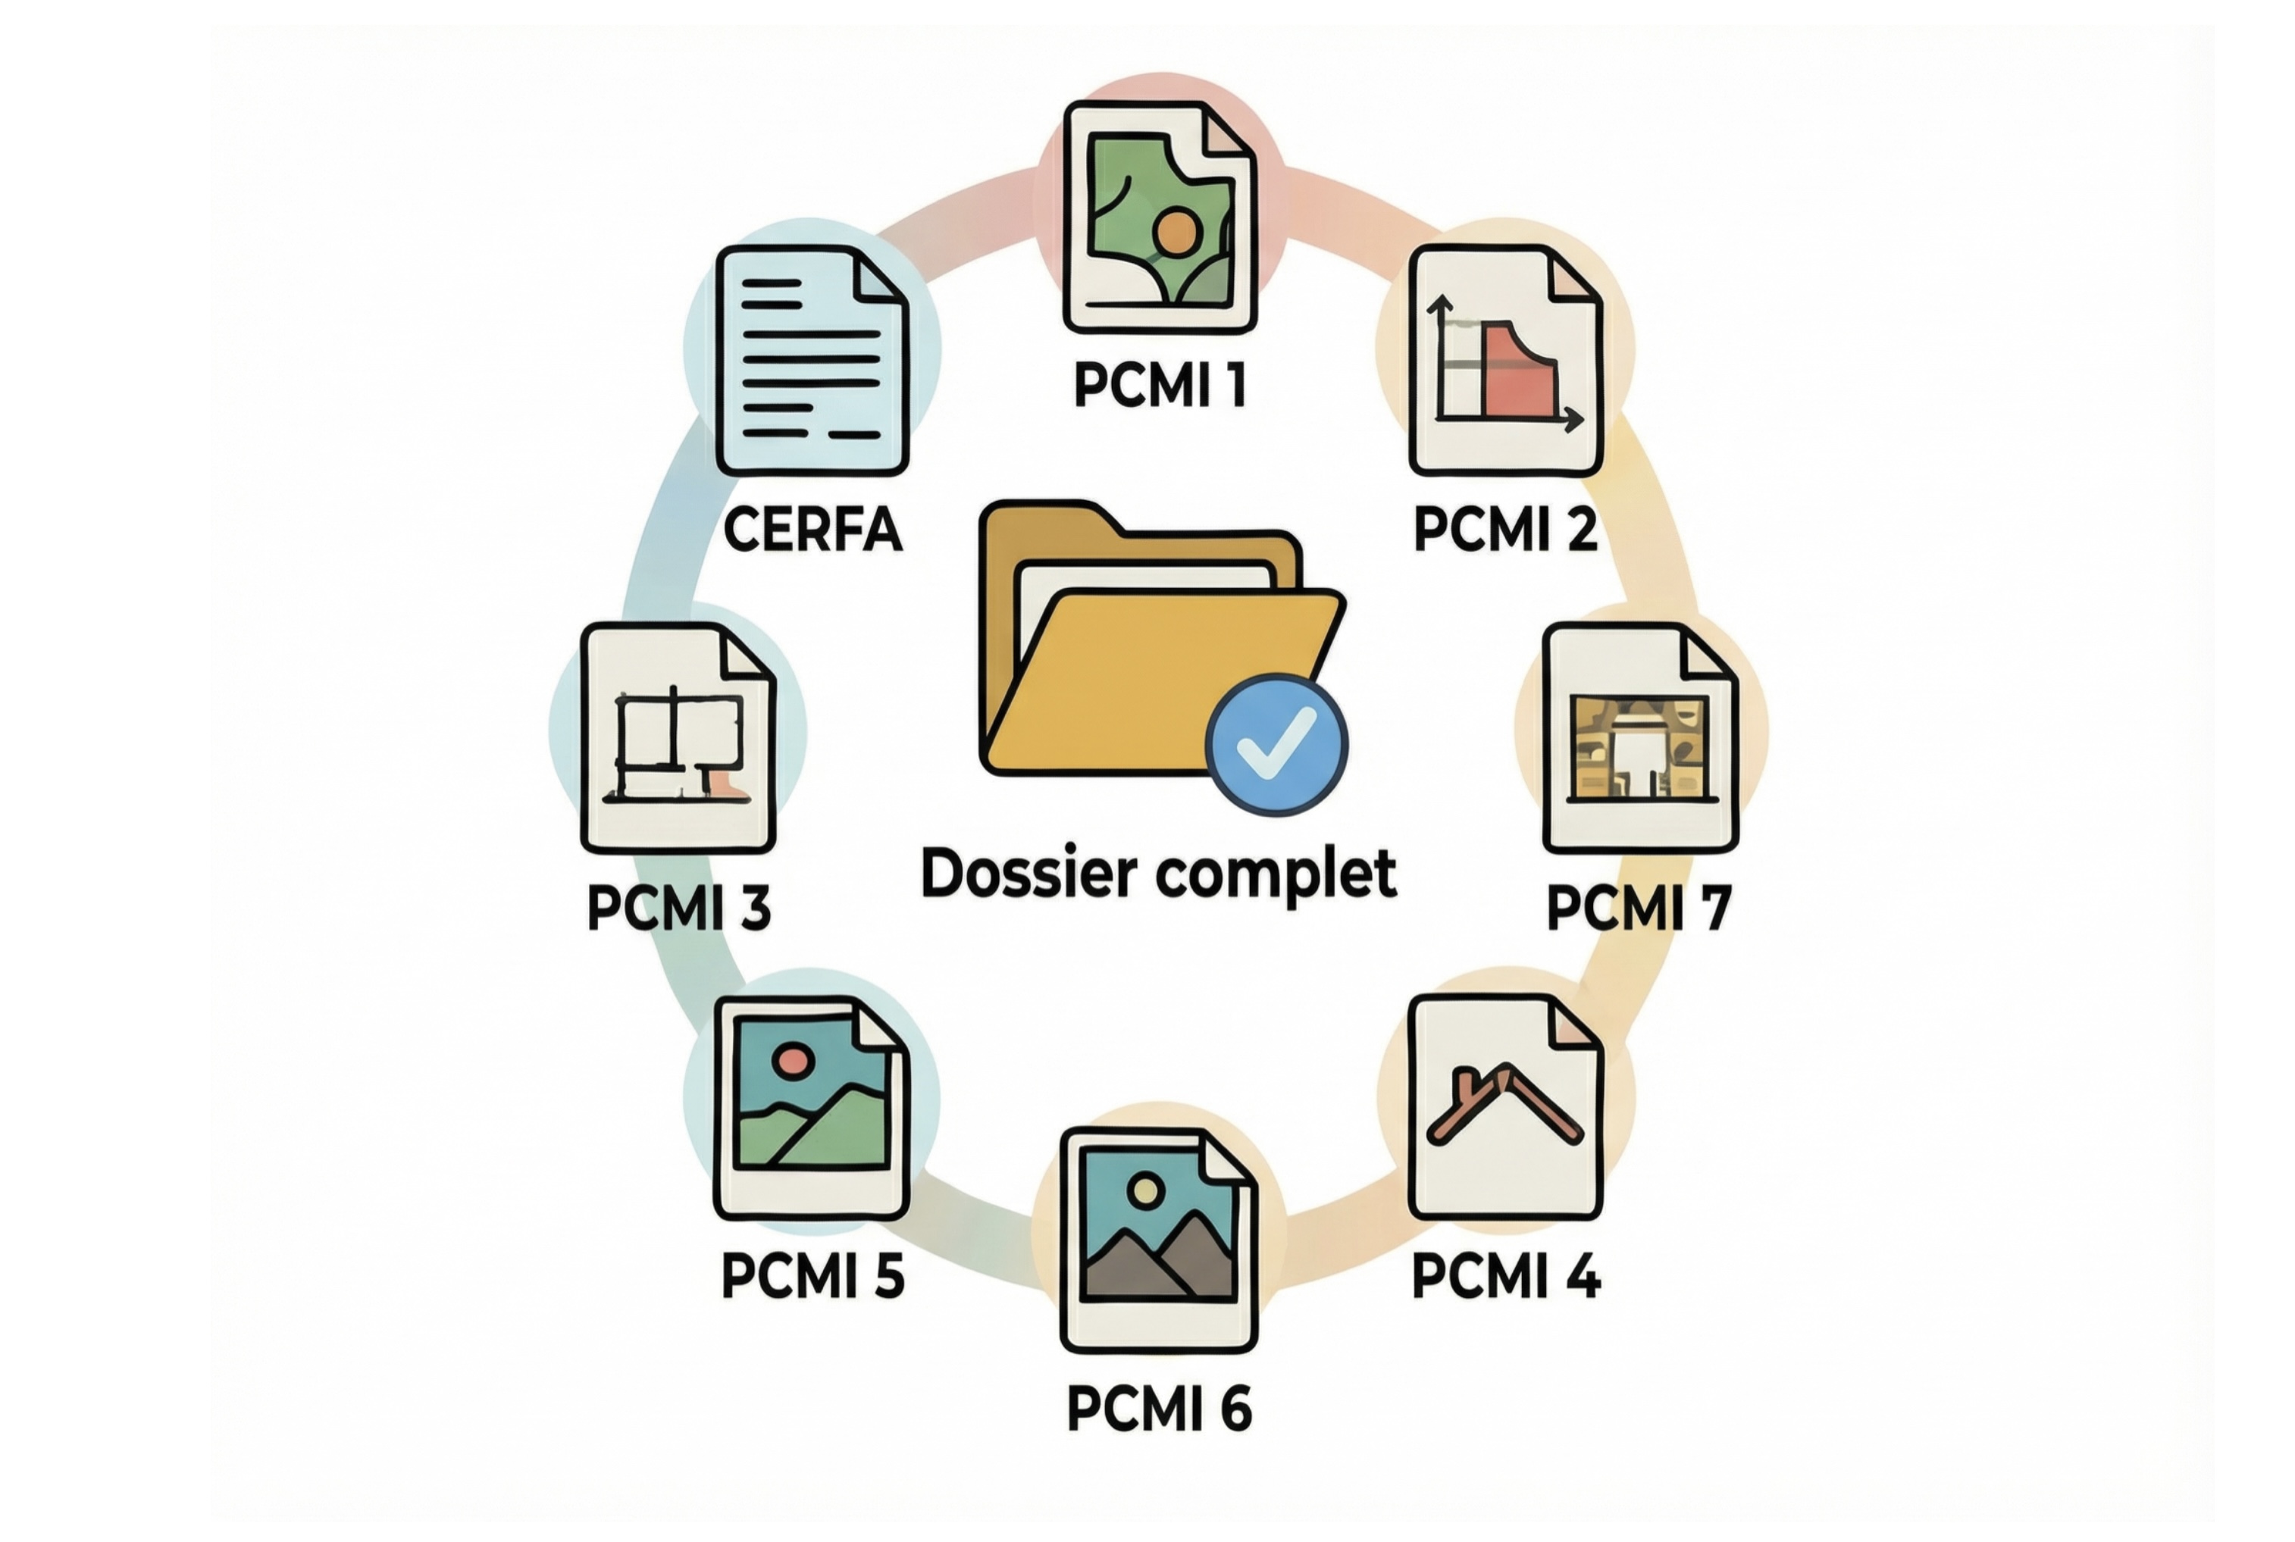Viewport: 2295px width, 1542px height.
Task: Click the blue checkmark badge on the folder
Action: [1275, 744]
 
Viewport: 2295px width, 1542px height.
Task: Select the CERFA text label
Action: [812, 530]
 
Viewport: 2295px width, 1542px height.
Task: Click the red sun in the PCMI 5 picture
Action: [791, 1060]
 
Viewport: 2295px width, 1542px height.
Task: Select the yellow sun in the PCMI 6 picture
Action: [1145, 1191]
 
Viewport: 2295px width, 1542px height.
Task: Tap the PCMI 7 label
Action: [1638, 907]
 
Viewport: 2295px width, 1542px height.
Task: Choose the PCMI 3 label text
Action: [679, 907]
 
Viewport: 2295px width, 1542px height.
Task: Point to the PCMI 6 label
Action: [1159, 1408]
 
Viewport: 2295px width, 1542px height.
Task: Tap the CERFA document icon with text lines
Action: [812, 360]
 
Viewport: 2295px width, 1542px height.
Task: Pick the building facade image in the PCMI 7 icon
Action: [1638, 747]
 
